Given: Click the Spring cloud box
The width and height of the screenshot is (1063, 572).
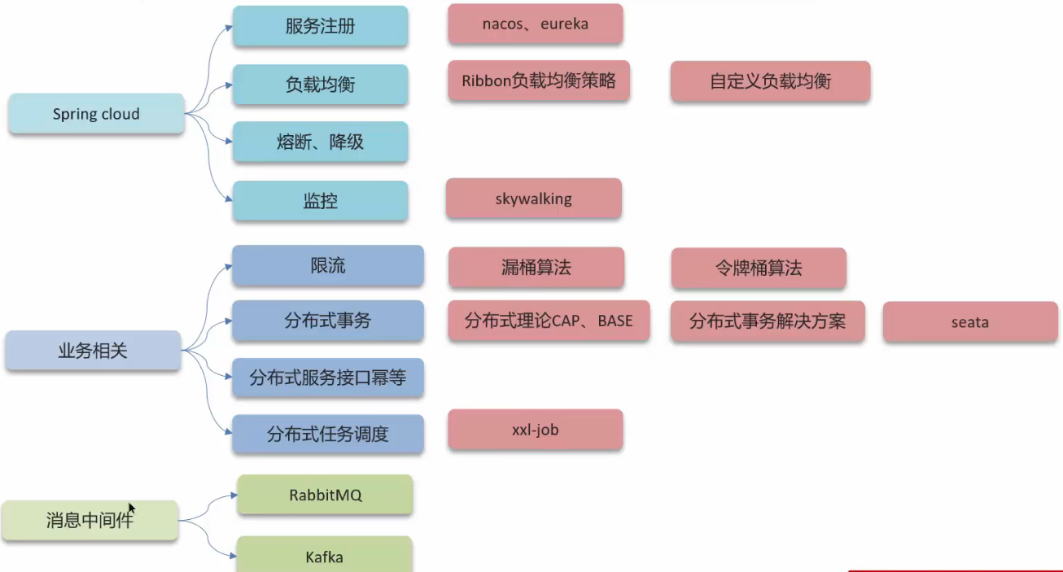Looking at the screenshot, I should [96, 114].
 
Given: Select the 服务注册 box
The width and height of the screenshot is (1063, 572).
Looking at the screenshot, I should [320, 26].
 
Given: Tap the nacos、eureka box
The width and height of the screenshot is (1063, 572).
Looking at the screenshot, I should [535, 24].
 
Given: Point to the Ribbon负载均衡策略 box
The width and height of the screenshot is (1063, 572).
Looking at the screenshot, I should [538, 81].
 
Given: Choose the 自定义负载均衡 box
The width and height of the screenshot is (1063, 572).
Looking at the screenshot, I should [770, 81].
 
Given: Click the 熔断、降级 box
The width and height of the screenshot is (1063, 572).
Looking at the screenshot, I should [320, 142].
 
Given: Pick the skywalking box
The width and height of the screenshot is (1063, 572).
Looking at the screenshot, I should [533, 199].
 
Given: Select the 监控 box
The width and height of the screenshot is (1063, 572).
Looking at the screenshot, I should [320, 200].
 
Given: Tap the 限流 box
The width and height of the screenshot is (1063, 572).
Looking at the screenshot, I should [327, 265].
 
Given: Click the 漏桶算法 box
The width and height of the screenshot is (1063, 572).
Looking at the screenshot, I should [536, 268].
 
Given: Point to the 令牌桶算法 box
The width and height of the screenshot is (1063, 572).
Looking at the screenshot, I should [759, 269].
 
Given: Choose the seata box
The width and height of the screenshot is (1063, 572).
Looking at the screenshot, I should [969, 322].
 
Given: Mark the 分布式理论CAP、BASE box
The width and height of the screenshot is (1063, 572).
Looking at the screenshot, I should [548, 321].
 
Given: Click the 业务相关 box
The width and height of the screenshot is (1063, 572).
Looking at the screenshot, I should [93, 351].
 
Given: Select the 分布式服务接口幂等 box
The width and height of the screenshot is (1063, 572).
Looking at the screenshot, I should [327, 378].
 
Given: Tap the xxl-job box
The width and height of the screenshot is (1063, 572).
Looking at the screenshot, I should [535, 430].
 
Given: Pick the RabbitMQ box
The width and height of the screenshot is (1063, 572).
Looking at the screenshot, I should [325, 495].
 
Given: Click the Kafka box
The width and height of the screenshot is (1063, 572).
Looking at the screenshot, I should [324, 557].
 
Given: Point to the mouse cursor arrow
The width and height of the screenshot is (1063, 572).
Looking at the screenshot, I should [131, 509].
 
